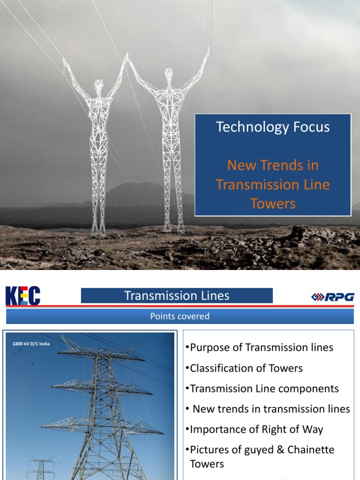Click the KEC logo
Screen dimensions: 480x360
(x=22, y=296)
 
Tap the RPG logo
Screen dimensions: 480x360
(x=334, y=297)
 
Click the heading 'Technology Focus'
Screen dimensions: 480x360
(x=273, y=127)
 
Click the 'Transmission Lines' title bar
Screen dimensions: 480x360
(x=177, y=296)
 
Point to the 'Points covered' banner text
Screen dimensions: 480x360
(x=180, y=316)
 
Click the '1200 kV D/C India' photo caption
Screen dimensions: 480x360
(x=31, y=344)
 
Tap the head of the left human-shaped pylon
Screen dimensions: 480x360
(x=98, y=86)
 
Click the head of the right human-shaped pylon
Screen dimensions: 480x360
(x=169, y=74)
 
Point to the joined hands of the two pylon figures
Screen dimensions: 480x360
(x=127, y=59)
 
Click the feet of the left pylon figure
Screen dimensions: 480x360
(x=98, y=232)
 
